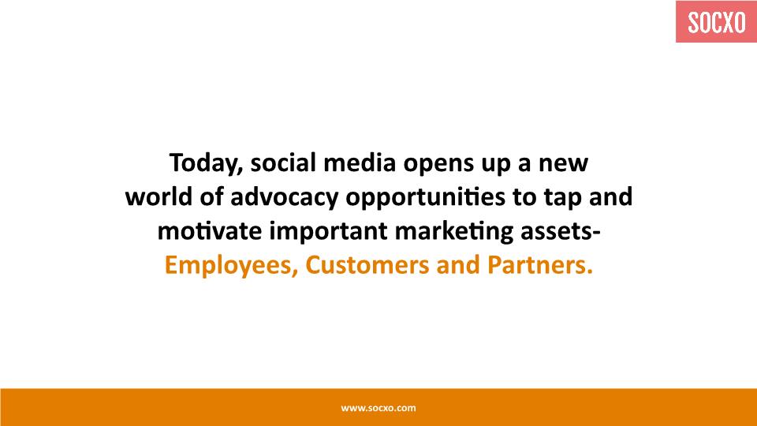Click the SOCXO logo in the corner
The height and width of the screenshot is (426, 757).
coord(717,22)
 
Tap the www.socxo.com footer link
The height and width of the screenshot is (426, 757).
coord(378,408)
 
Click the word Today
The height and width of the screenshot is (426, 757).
coord(206,163)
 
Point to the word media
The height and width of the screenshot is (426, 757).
coord(360,163)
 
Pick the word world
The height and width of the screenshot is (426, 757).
coord(158,196)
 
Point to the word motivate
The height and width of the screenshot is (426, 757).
coord(210,231)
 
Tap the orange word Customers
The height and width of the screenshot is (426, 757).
coord(367,265)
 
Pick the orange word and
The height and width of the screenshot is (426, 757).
coord(458,265)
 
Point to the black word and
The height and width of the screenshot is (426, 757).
coord(610,196)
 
